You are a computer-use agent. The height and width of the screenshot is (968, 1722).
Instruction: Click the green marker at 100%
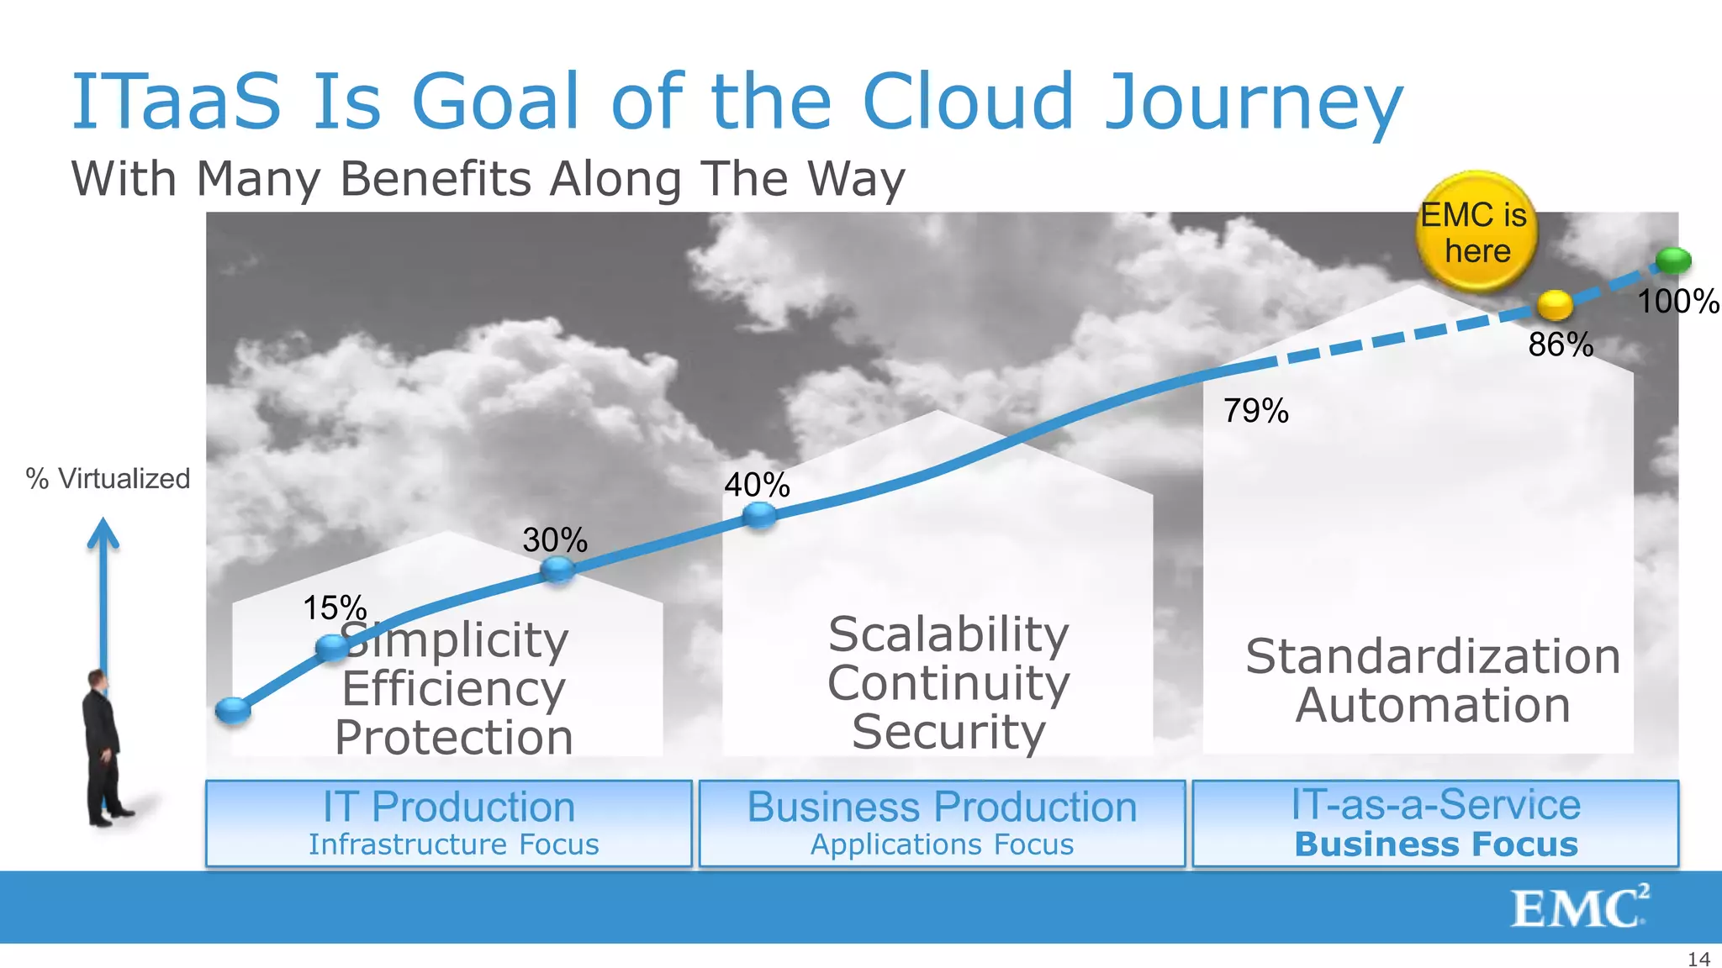1673,260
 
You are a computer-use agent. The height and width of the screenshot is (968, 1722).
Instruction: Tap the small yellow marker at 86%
1555,304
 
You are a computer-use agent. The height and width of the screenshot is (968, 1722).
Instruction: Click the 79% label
1255,411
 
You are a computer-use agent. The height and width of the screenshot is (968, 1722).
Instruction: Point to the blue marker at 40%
759,515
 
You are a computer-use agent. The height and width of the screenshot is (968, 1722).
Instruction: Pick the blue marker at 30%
557,570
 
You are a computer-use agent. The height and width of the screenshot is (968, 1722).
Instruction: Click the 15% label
334,608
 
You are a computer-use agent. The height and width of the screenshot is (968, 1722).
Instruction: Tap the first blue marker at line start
233,710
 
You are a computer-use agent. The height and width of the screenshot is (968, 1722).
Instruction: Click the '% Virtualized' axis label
108,479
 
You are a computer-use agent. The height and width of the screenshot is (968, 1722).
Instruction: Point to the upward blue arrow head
103,533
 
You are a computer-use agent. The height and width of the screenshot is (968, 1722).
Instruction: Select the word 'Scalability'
948,634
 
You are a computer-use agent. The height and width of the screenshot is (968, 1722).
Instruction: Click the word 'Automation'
1433,705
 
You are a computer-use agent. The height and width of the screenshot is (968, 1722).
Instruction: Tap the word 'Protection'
454,737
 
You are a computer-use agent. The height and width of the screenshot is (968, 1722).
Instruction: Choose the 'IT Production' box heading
449,807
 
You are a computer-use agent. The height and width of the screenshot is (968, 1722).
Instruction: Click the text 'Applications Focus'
942,844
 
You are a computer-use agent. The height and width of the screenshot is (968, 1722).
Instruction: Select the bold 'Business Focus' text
1436,844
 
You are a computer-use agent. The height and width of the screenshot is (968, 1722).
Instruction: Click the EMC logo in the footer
1579,907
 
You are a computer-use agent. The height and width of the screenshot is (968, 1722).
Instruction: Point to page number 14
1698,959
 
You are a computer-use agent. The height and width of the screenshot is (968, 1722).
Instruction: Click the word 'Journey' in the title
1253,103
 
